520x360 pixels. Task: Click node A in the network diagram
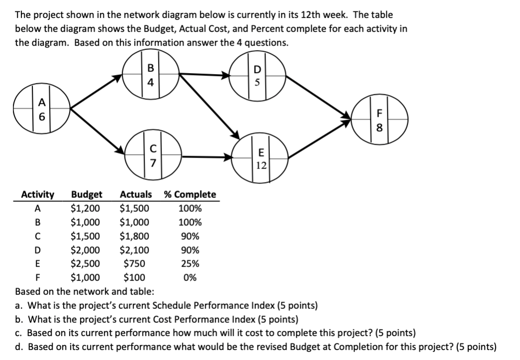[41, 112]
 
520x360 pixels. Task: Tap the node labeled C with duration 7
[153, 155]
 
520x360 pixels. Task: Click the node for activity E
[261, 158]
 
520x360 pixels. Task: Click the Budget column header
[87, 194]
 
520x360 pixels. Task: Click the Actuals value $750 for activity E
[134, 264]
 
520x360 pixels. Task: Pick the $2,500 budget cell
[86, 264]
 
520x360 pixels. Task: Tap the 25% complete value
[189, 264]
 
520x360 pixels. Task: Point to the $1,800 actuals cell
[134, 236]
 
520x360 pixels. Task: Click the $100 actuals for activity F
[134, 277]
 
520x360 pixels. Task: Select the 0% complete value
[189, 277]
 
